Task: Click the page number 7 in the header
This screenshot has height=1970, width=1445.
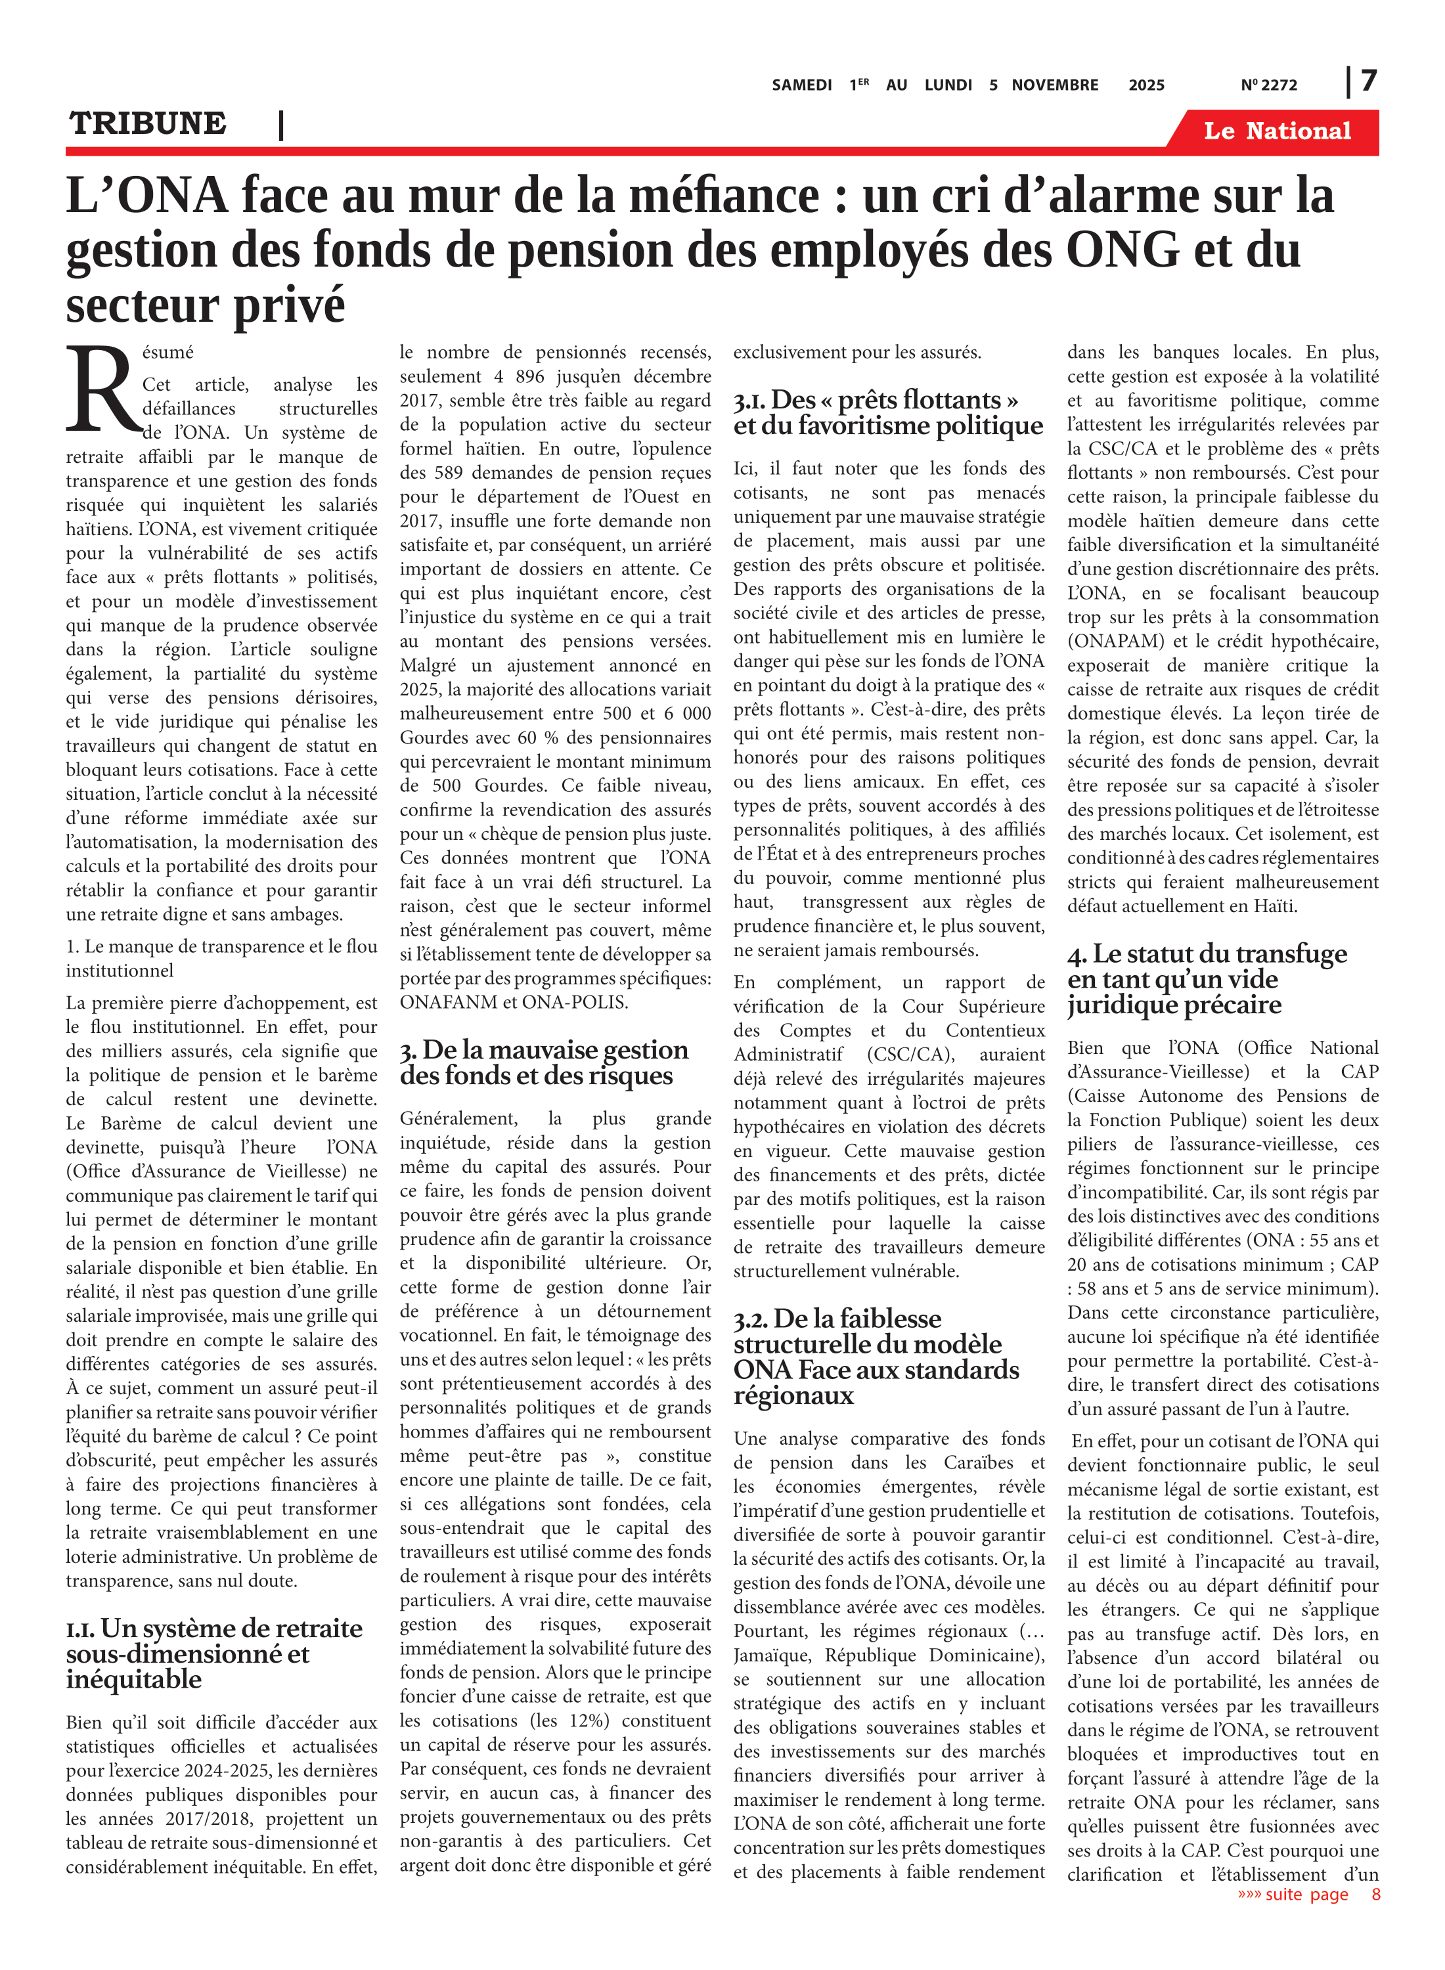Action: coord(1369,81)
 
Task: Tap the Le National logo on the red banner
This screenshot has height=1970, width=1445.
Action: coord(1277,131)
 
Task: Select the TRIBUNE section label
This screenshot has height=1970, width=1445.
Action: coord(148,123)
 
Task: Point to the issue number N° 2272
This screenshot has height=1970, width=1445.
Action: coord(1268,85)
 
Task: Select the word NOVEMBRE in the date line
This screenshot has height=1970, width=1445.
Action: coord(1055,85)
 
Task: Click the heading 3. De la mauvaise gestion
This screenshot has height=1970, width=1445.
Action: coord(544,1062)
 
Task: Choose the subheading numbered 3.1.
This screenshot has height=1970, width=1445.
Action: coord(888,412)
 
